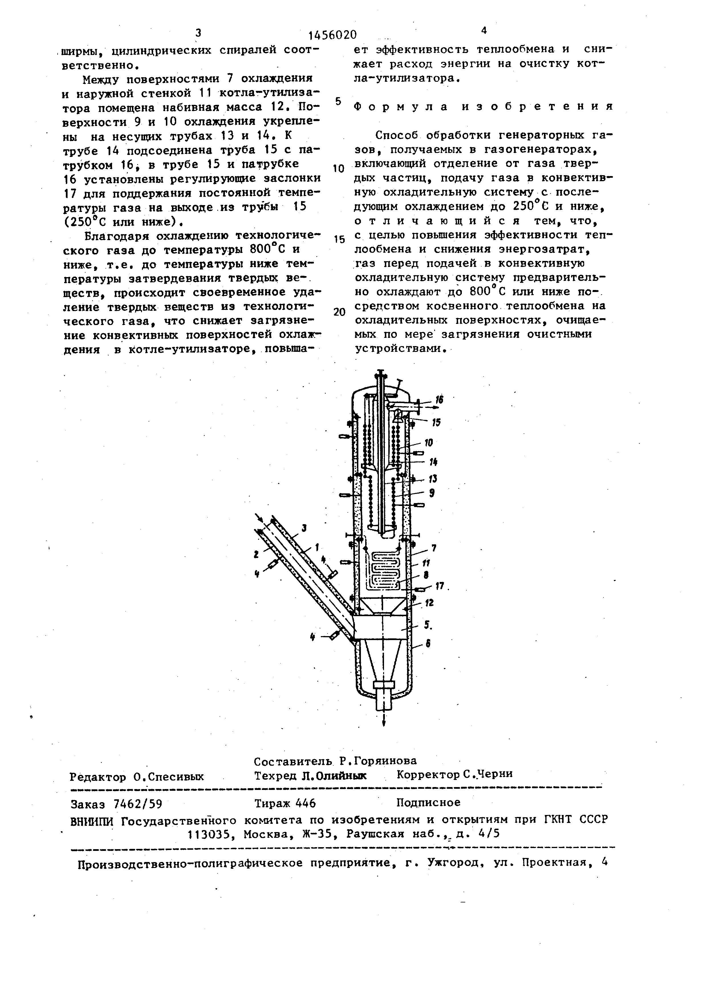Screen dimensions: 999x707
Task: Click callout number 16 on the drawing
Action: (x=439, y=399)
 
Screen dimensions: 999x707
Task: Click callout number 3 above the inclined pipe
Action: (x=304, y=528)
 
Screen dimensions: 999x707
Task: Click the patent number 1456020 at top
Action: (x=332, y=34)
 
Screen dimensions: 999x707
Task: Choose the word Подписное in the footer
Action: (x=428, y=802)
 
